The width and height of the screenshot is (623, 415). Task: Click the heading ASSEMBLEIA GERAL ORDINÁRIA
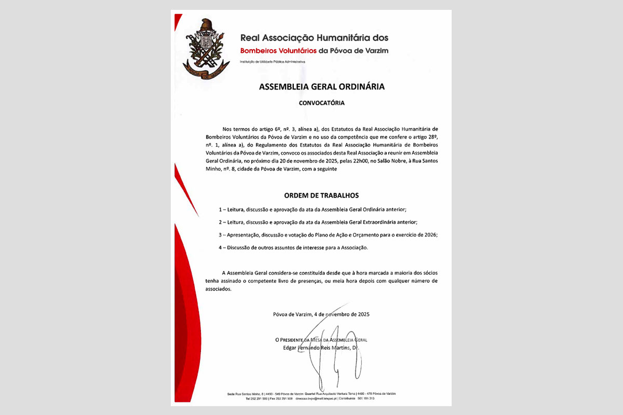[x=321, y=87]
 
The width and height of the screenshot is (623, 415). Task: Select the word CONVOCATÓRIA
[x=321, y=103]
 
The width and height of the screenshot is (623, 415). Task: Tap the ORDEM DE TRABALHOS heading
[x=321, y=196]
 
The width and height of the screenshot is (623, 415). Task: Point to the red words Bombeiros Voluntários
[x=278, y=51]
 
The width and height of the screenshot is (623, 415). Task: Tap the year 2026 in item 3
[x=429, y=235]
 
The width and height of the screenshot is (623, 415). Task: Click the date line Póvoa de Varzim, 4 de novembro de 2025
[x=321, y=314]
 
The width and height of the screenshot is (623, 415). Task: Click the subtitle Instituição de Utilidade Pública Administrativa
[x=272, y=62]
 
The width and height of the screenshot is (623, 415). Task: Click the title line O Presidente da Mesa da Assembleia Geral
[x=321, y=340]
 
